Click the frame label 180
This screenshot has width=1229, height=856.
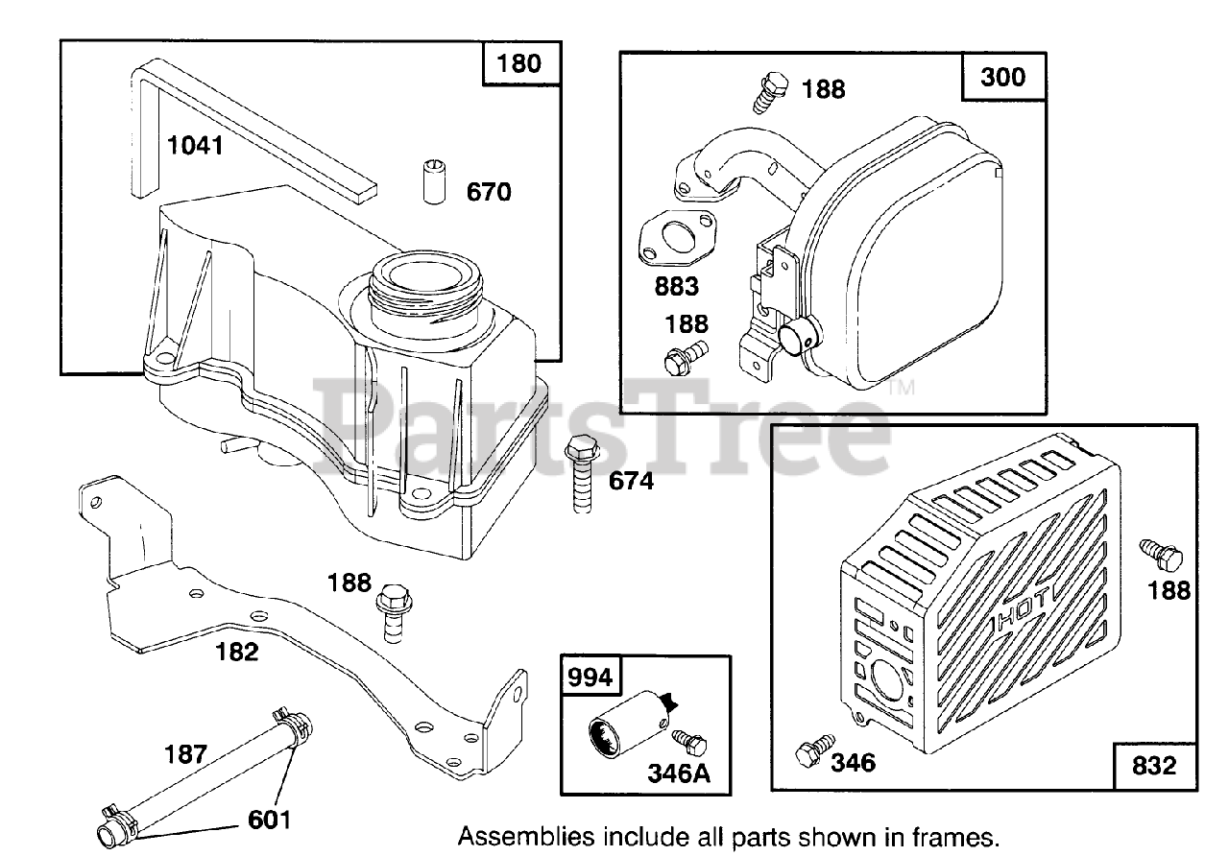[518, 64]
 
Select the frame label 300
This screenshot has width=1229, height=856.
[1003, 77]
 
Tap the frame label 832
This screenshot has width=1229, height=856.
[1154, 766]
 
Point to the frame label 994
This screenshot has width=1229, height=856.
[590, 678]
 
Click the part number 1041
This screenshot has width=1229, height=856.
[194, 146]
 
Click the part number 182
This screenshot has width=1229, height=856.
[237, 653]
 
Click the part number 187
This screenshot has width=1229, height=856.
[185, 754]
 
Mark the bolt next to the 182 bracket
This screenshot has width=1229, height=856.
[391, 609]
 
